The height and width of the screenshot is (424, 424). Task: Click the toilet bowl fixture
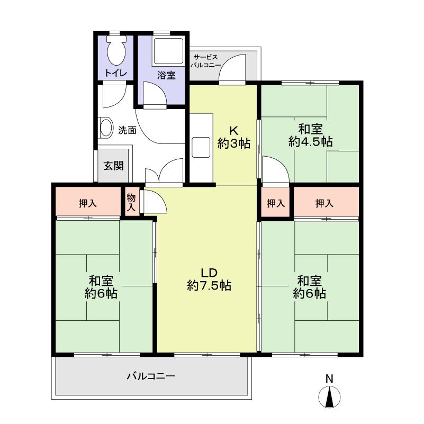116,51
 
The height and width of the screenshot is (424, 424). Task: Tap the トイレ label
116,73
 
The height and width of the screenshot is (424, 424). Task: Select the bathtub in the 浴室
168,51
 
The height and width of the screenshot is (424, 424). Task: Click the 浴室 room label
166,75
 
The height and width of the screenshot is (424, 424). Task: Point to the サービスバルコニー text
206,61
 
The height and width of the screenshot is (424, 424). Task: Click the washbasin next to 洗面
106,127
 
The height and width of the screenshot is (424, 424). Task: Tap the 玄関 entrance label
114,166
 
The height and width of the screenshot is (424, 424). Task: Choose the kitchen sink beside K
201,147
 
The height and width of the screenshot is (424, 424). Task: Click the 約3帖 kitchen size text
234,143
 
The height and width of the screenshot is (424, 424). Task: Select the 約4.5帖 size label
310,142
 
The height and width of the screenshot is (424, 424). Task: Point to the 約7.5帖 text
209,285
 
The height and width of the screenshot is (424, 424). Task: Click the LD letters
209,273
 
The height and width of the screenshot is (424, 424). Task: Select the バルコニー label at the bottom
151,376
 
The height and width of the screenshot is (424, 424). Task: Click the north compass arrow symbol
329,397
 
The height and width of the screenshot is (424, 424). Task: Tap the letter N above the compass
329,378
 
